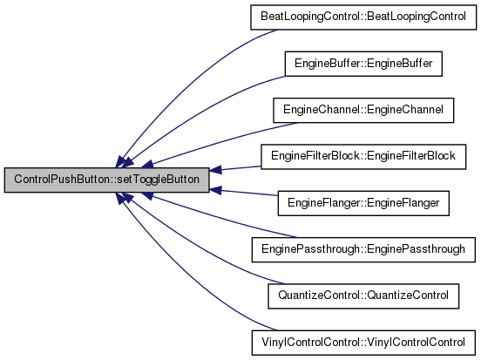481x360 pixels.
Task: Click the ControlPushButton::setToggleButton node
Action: click(107, 180)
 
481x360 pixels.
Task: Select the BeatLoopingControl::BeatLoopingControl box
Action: click(363, 17)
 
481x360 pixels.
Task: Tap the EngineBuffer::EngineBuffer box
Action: click(363, 64)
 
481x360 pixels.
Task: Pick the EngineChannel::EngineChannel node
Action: click(363, 110)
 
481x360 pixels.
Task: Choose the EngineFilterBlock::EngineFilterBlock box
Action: click(363, 157)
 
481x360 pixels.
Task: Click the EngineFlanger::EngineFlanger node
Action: click(363, 203)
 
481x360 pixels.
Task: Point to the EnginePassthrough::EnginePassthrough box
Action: click(363, 249)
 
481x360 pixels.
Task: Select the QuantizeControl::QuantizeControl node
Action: click(363, 295)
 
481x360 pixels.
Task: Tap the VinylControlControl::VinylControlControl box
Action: click(363, 343)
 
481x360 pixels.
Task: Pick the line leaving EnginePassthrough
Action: click(220, 217)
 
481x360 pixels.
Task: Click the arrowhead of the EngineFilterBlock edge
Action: click(215, 170)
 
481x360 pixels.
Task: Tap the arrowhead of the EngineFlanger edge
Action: click(215, 190)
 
